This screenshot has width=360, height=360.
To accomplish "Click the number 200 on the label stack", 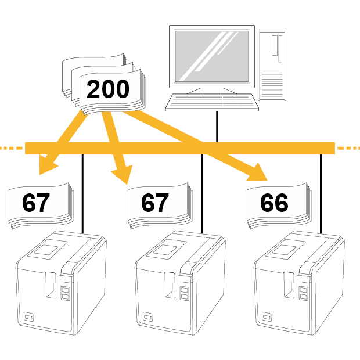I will coord(108,89).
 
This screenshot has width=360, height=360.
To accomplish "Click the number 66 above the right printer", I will coord(274,203).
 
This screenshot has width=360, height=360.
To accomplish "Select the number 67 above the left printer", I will coord(36,203).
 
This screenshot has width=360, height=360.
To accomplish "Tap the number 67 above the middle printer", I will coord(155,203).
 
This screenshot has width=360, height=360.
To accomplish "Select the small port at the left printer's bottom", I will coord(28,317).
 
